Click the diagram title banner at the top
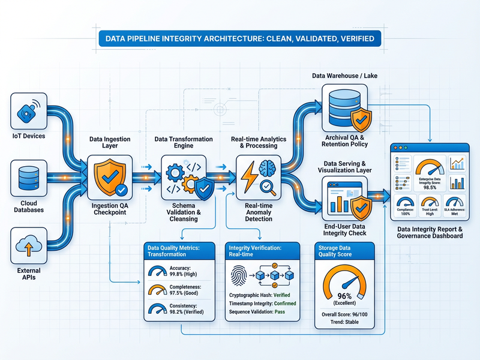click(x=240, y=38)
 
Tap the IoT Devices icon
click(x=29, y=112)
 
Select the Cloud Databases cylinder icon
click(x=29, y=177)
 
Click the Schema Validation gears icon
click(x=184, y=176)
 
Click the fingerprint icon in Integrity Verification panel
click(x=239, y=275)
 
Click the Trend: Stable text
click(x=344, y=322)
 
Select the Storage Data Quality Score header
click(x=344, y=250)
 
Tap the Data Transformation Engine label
click(x=184, y=143)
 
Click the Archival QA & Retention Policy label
click(x=344, y=140)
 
